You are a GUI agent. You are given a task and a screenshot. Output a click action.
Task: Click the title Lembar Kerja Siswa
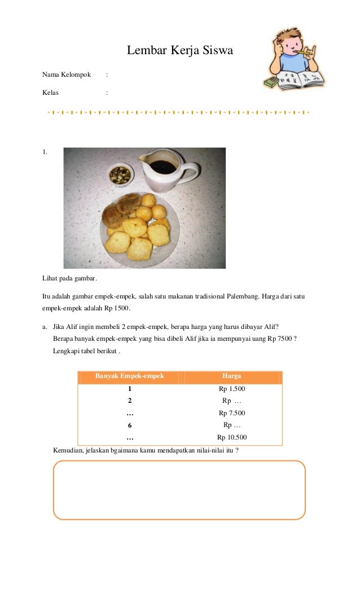[179, 51]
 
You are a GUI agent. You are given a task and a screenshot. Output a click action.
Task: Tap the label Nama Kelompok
[67, 74]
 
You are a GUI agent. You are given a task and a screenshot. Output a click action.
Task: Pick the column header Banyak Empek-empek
[129, 376]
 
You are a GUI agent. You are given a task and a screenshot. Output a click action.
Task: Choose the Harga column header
[231, 376]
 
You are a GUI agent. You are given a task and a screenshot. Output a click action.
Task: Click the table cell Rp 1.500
[232, 389]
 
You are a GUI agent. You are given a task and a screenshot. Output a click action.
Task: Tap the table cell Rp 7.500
[232, 413]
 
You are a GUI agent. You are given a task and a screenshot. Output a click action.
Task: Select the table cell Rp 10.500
[232, 437]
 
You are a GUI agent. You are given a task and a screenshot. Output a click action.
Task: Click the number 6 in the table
[130, 425]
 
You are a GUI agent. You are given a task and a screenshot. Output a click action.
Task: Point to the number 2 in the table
[130, 401]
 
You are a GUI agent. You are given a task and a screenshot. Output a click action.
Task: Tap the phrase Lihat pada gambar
[69, 279]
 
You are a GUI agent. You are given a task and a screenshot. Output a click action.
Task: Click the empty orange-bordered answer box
[179, 490]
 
